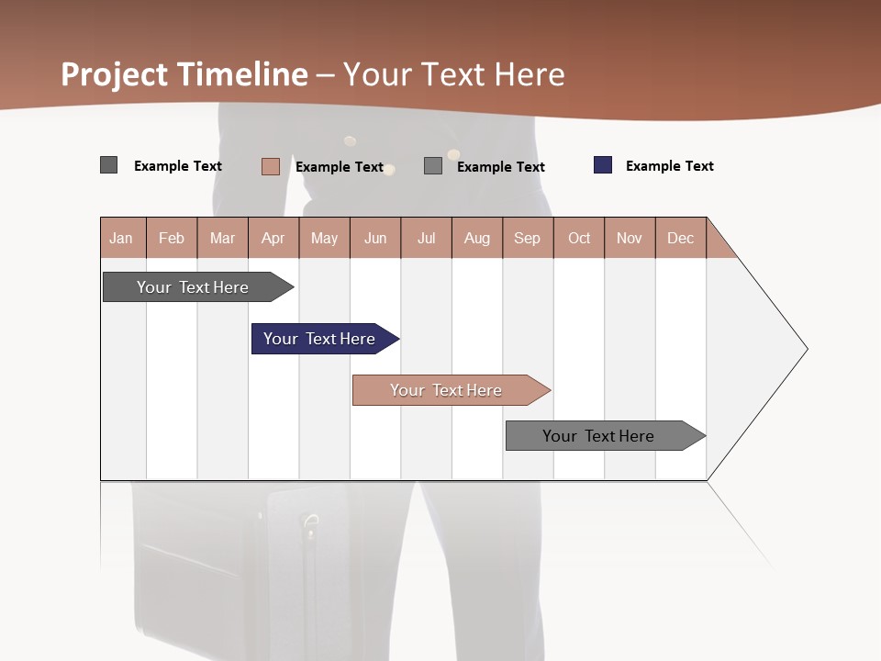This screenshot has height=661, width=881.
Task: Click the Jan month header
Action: (x=121, y=238)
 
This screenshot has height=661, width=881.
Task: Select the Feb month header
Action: (x=172, y=238)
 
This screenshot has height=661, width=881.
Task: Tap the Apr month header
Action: (x=273, y=238)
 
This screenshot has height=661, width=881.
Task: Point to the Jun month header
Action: (x=375, y=238)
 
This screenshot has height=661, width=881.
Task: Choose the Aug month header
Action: (x=476, y=238)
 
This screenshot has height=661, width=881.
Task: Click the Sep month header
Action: (x=527, y=238)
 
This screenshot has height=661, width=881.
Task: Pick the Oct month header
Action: (x=579, y=238)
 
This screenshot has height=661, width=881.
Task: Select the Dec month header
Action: (x=680, y=238)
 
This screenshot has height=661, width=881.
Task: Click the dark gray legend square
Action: (x=108, y=165)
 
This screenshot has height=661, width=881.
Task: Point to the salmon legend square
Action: (x=270, y=166)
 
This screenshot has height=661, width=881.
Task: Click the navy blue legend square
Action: (x=603, y=165)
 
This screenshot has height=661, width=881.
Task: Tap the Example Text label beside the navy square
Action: (x=669, y=166)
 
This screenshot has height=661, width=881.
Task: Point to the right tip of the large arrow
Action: (x=806, y=349)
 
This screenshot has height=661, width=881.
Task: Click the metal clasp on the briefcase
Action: (x=311, y=526)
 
